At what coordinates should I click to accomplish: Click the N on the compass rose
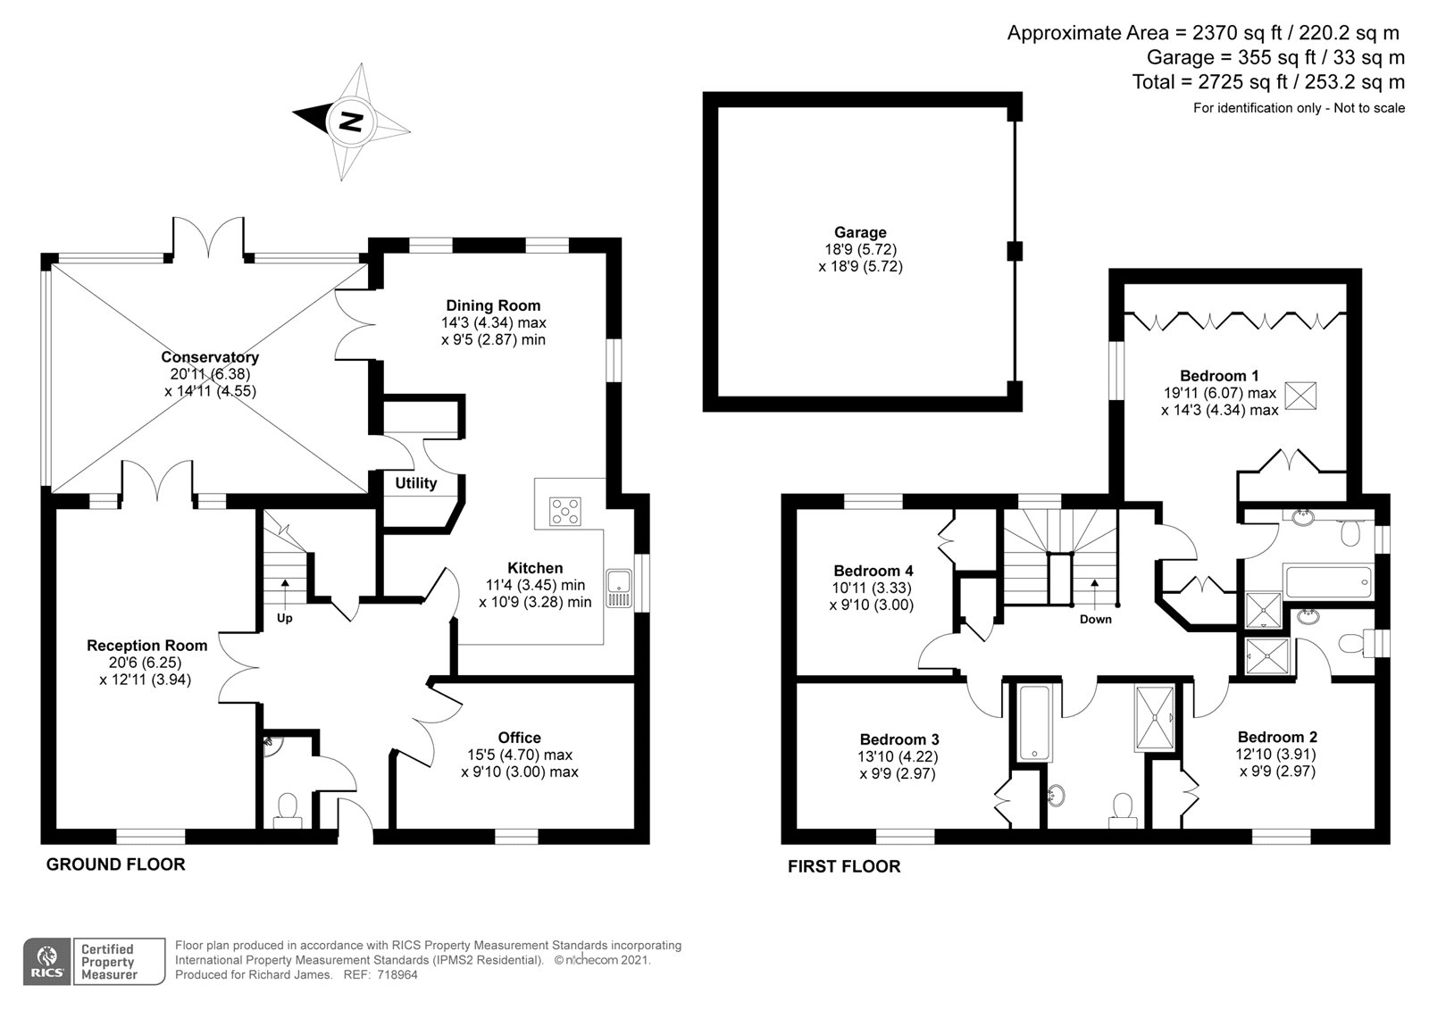click(350, 121)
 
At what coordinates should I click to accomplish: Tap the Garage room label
click(860, 232)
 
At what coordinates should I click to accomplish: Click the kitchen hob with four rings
click(565, 512)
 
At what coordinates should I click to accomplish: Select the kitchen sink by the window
click(618, 588)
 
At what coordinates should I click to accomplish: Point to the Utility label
click(416, 483)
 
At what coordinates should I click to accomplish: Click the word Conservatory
click(210, 356)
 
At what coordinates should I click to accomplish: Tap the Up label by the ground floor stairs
click(285, 618)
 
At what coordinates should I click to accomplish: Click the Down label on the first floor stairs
click(1095, 619)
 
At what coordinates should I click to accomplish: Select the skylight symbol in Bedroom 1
click(1300, 396)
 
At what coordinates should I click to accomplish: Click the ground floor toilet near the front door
click(288, 810)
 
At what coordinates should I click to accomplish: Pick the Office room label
click(519, 738)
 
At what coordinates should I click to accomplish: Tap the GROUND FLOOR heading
click(115, 864)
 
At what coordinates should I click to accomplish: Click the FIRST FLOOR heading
click(844, 866)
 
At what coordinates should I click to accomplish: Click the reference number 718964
click(397, 975)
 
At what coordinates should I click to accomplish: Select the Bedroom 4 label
click(873, 571)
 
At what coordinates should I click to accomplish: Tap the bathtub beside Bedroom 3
click(1034, 722)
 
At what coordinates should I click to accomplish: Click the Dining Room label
click(493, 305)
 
